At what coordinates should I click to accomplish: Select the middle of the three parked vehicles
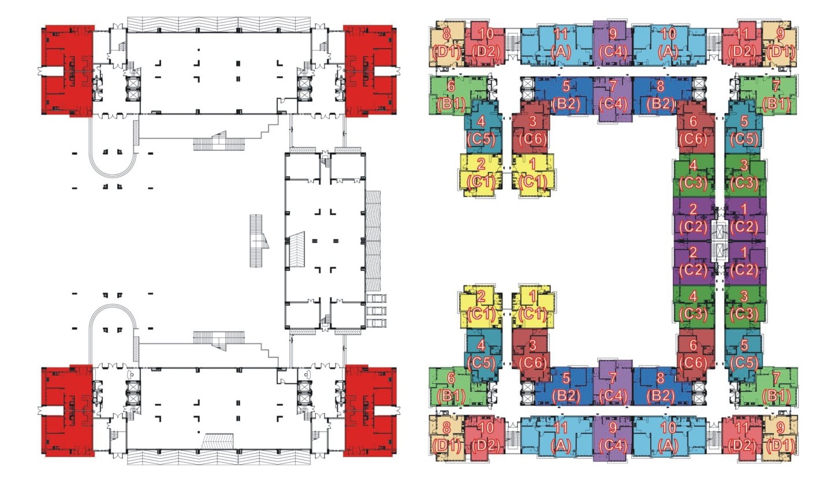[376, 310]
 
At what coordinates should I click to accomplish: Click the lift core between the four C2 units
[720, 242]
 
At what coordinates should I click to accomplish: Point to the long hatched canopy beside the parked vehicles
[373, 242]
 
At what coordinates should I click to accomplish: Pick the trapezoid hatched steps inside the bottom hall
[218, 442]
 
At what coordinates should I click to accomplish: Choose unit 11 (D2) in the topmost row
[741, 44]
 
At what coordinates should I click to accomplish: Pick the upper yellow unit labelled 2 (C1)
[481, 174]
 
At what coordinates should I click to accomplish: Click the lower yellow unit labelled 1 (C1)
[533, 307]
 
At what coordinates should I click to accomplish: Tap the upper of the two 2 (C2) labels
[693, 218]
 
